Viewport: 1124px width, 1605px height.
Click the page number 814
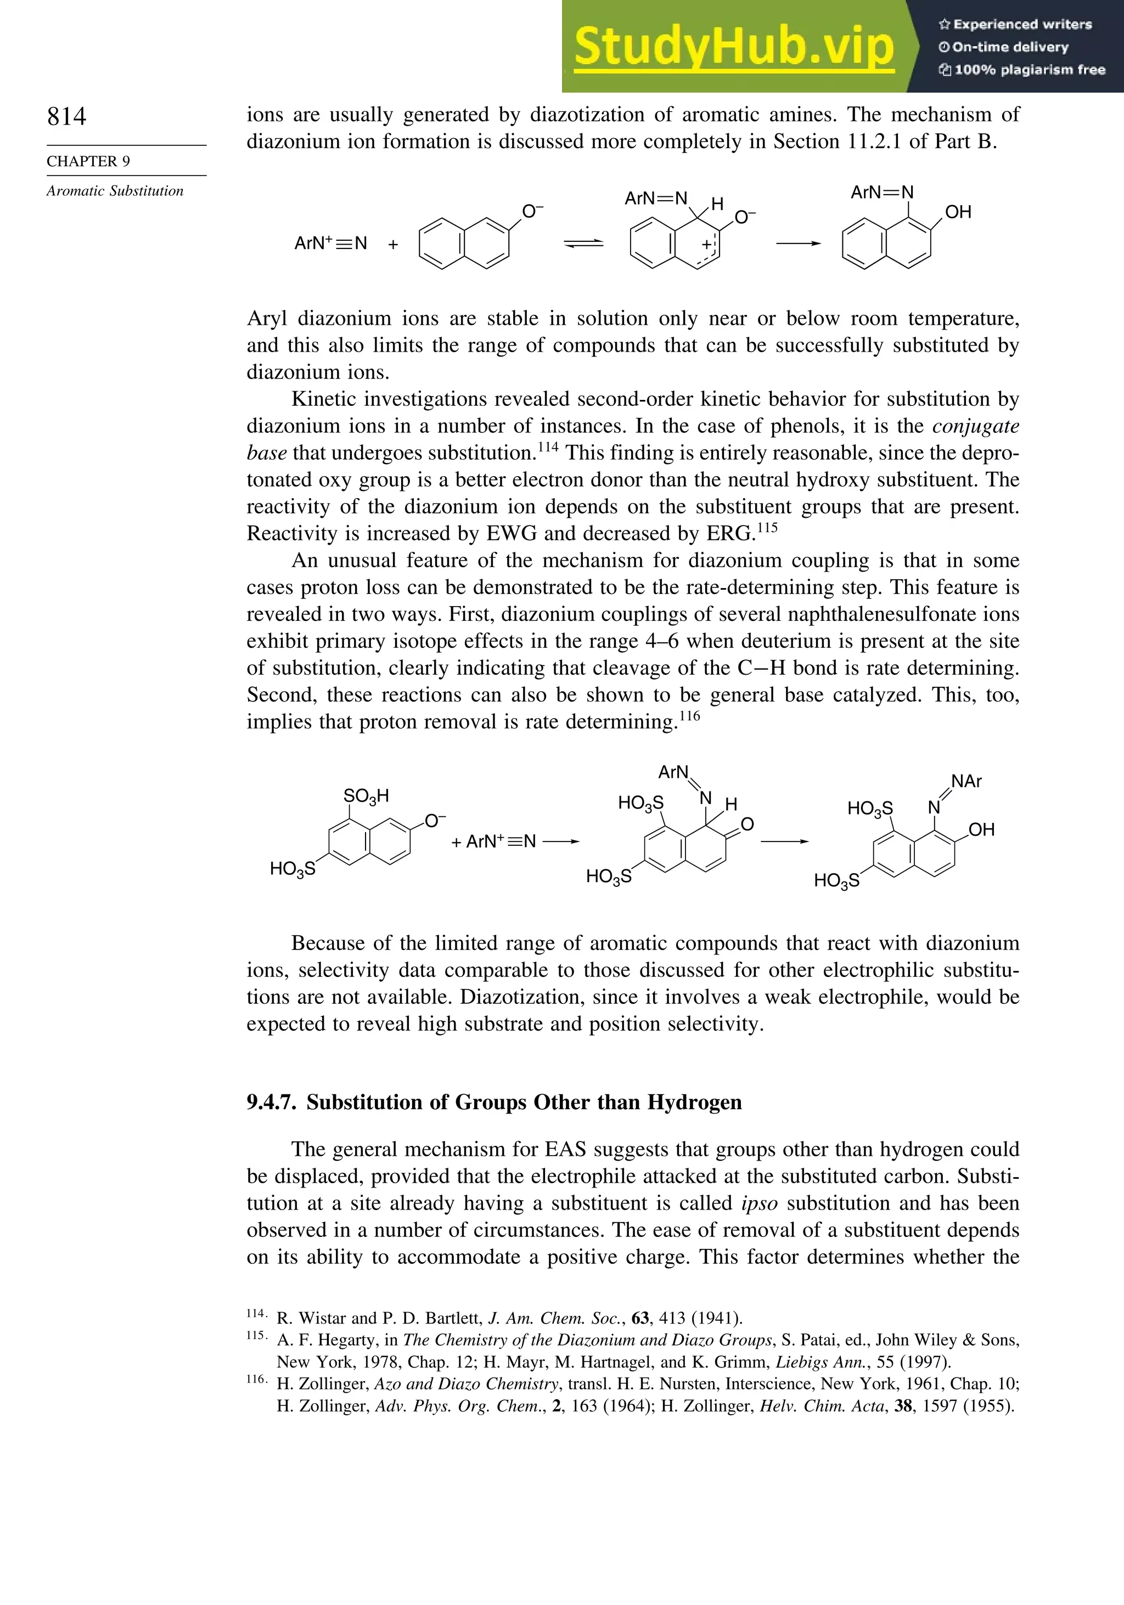[x=66, y=116]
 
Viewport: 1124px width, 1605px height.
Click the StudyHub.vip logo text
[x=734, y=47]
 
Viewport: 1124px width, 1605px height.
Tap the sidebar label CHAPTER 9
[x=88, y=161]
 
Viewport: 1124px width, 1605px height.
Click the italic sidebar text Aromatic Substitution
[x=115, y=191]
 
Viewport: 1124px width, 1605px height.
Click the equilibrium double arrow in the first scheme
[x=583, y=243]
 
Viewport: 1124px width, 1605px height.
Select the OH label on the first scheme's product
[x=958, y=212]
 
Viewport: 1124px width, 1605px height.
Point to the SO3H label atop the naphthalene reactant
[x=366, y=795]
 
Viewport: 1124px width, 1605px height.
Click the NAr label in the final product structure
[x=966, y=782]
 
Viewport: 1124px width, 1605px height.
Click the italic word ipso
[x=759, y=1203]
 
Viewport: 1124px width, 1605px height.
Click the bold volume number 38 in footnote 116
[x=903, y=1406]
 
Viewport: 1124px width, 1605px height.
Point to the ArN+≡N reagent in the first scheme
[x=330, y=243]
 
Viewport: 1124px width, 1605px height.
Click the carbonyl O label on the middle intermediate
[x=747, y=824]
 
